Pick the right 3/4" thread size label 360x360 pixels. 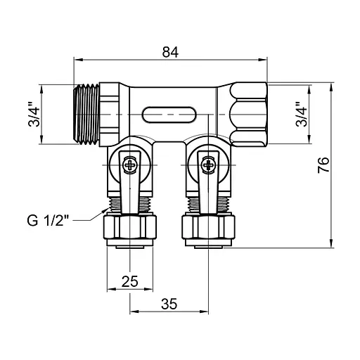tap(300, 114)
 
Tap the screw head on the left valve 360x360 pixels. tap(129, 166)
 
